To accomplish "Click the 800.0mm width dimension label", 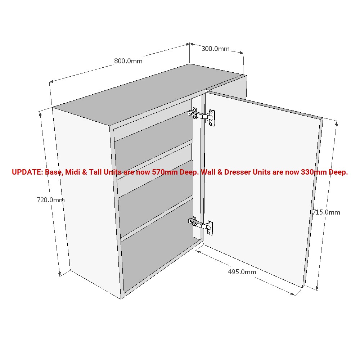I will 128,61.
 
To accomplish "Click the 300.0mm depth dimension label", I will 215,49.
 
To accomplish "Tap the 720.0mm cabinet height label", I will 51,200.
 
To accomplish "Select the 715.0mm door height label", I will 326,212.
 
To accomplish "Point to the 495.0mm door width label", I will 242,272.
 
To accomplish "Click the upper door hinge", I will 203,116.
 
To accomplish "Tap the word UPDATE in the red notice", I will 27,172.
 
